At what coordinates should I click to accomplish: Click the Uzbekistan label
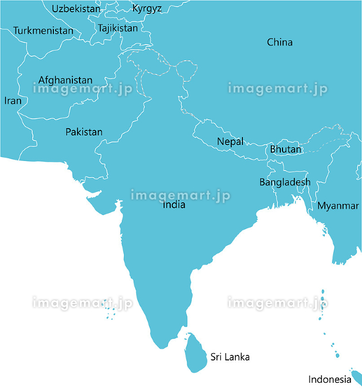[76, 9]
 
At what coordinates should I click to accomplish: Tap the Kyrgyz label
[147, 8]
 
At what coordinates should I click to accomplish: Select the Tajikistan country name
[117, 28]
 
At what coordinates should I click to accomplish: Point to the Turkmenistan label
[43, 31]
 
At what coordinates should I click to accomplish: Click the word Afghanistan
[65, 80]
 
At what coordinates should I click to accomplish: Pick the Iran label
[13, 101]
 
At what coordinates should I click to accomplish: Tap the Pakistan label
[84, 132]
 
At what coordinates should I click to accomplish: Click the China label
[280, 42]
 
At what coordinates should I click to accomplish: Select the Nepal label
[230, 142]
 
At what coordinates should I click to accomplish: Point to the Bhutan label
[286, 149]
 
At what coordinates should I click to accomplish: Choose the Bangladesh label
[285, 182]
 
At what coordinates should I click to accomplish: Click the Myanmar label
[338, 206]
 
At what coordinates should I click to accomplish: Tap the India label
[174, 205]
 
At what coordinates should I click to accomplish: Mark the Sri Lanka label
[230, 357]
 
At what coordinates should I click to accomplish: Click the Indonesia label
[330, 379]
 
